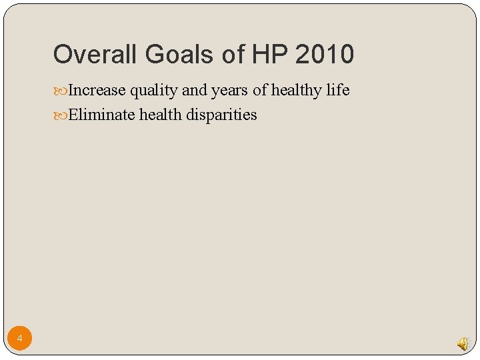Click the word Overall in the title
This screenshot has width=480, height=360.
click(x=89, y=54)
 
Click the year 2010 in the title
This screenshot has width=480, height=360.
click(x=325, y=54)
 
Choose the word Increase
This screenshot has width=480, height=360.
click(x=97, y=90)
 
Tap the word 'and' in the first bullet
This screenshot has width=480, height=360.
click(x=194, y=90)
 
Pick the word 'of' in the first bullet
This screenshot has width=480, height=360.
click(x=260, y=90)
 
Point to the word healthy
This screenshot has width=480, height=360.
click(x=297, y=91)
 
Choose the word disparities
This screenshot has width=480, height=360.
click(x=221, y=115)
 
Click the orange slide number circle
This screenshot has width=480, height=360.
click(x=20, y=339)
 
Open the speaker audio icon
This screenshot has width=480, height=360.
click(x=463, y=343)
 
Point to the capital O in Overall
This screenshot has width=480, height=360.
click(x=62, y=54)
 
